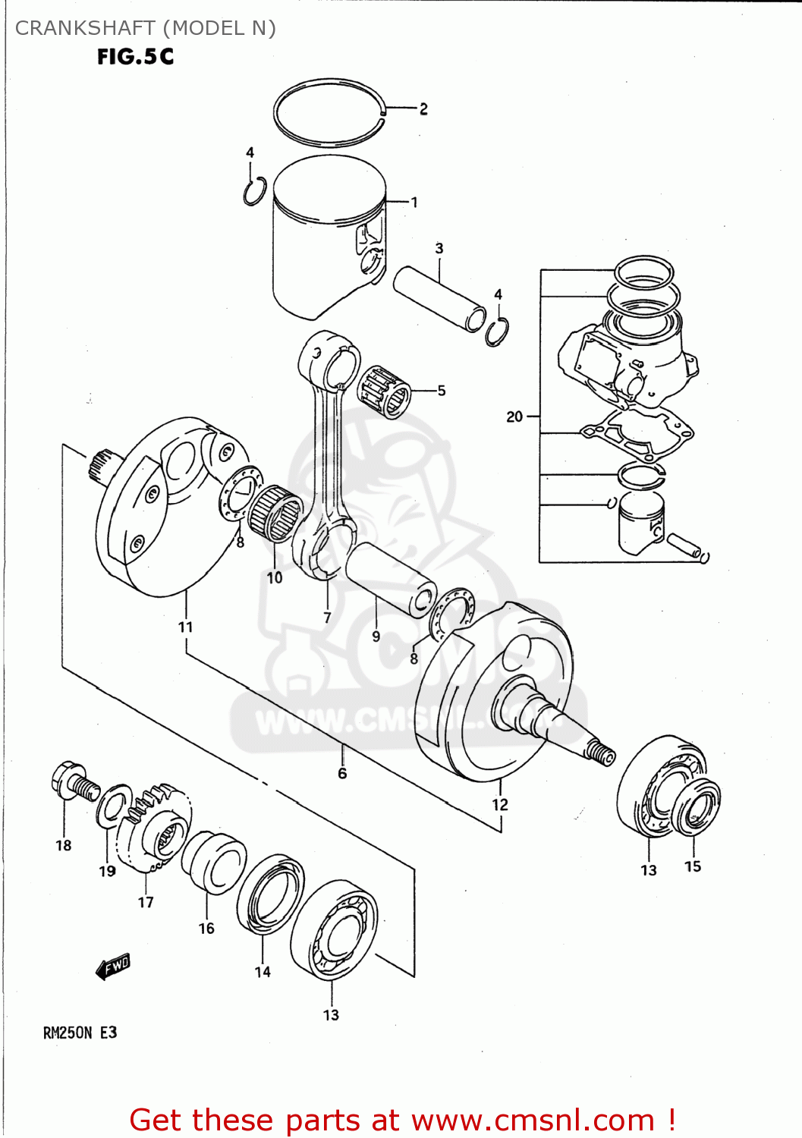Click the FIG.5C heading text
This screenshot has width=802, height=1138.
[x=135, y=57]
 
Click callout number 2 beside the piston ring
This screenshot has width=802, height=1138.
[x=423, y=109]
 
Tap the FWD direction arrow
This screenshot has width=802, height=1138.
[x=114, y=967]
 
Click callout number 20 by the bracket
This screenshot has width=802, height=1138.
[x=514, y=417]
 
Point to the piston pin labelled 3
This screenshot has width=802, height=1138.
[x=439, y=297]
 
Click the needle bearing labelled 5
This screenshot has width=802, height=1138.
[x=383, y=391]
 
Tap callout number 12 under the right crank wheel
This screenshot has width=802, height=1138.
[x=499, y=805]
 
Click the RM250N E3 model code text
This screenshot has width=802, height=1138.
[x=80, y=1033]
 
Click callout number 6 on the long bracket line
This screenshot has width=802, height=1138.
[x=342, y=773]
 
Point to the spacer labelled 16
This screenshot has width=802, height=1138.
[x=214, y=863]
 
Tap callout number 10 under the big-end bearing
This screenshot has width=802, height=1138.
[x=274, y=578]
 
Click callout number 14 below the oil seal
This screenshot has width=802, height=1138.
[x=263, y=972]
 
